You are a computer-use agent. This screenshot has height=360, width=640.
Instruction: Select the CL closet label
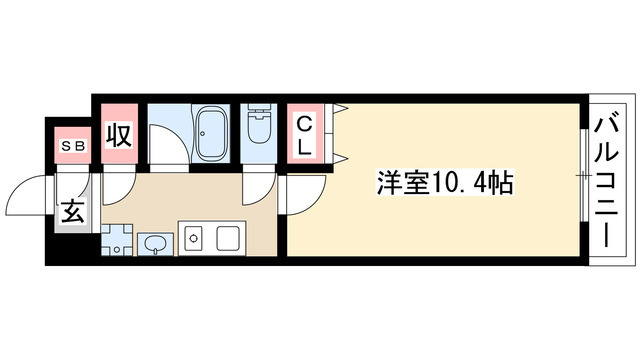tap(307, 134)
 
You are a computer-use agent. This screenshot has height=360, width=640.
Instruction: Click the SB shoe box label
tap(74, 145)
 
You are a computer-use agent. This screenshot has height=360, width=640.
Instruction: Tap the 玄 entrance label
tap(74, 212)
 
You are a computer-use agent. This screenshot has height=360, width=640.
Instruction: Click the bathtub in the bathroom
tap(210, 135)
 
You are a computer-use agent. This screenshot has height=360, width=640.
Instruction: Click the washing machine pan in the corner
tap(115, 240)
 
